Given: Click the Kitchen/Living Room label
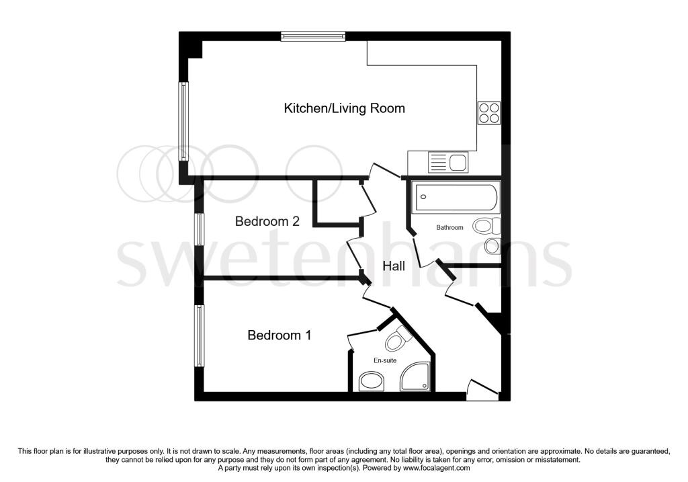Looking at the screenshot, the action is (345, 108).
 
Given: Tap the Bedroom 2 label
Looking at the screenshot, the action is (267, 221).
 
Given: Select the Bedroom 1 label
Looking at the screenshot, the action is (279, 335).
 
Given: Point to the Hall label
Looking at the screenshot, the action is (394, 266).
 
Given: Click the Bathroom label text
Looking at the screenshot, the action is (449, 227).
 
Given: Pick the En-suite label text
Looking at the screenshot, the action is (385, 360).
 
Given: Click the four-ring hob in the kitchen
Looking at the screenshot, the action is (489, 113).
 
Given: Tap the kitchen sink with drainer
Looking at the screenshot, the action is (448, 162).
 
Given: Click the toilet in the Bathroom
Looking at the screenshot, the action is (486, 226).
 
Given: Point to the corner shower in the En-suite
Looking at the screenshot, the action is (415, 376).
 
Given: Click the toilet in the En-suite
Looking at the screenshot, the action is (398, 338).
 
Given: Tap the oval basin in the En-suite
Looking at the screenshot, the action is (372, 381).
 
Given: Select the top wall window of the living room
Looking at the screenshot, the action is (313, 36).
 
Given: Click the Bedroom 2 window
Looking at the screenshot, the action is (200, 229).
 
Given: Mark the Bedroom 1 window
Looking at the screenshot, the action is (200, 336).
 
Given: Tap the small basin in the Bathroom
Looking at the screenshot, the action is (492, 246).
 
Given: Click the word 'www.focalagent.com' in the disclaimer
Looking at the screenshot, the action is (436, 468).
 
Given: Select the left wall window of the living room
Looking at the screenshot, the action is (183, 122).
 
